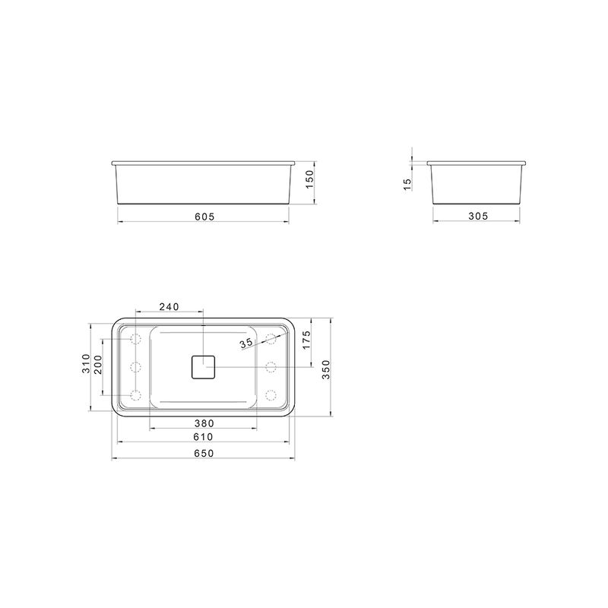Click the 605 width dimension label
[204, 217]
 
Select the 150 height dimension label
[309, 179]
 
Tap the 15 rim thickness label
[407, 185]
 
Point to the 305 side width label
[478, 216]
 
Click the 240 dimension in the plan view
[169, 307]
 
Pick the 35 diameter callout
[245, 343]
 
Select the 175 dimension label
[306, 340]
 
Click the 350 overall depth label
[326, 369]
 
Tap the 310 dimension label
[86, 363]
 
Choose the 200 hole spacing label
[98, 365]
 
